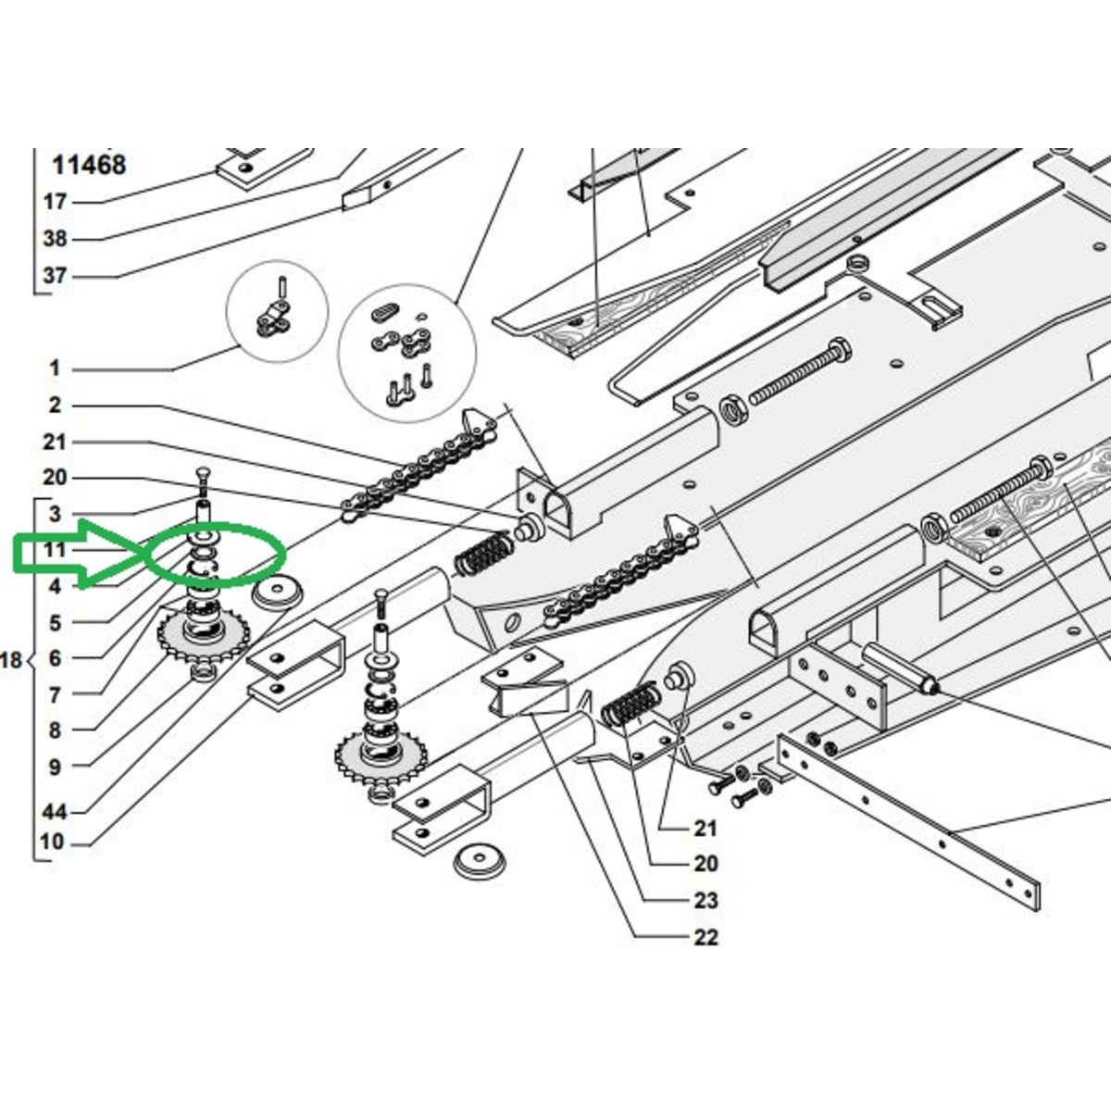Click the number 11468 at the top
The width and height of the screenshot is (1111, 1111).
(89, 166)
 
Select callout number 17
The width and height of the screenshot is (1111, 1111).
(55, 203)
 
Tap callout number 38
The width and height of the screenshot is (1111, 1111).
(55, 239)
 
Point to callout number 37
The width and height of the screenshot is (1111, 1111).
(55, 276)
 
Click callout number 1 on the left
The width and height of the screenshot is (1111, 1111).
(55, 368)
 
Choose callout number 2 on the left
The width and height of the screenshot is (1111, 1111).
(55, 405)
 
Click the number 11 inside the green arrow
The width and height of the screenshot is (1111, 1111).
(55, 549)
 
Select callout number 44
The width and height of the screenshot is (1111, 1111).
(55, 813)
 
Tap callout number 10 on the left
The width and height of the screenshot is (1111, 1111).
(52, 843)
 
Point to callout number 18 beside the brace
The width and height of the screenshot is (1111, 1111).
(11, 660)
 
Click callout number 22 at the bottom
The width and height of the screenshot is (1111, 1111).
(705, 937)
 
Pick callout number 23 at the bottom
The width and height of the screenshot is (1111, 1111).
(705, 900)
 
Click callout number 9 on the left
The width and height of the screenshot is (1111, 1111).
(55, 768)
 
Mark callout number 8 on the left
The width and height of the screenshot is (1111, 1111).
(55, 731)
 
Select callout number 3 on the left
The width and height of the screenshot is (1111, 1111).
(55, 514)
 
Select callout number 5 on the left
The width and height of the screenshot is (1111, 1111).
(55, 623)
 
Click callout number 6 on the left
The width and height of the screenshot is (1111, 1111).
(55, 658)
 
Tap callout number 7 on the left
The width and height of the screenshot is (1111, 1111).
(55, 694)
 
